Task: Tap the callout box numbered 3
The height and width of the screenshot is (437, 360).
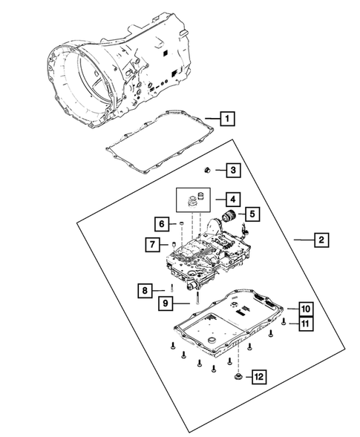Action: point(232,171)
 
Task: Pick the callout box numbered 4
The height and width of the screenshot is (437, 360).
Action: point(232,199)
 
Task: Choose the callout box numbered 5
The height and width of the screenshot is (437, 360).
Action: point(252,214)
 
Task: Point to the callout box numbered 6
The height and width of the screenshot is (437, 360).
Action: point(160,223)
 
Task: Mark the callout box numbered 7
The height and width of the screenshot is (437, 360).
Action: point(151,244)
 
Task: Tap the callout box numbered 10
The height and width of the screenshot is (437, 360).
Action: point(304,307)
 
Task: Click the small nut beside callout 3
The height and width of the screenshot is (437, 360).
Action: point(210,171)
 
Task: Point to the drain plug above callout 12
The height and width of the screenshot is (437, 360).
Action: point(237,378)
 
